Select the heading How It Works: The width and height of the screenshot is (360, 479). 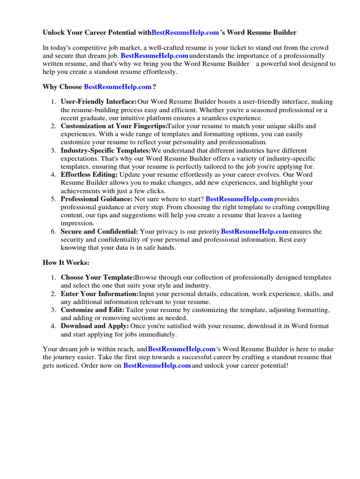coord(66,262)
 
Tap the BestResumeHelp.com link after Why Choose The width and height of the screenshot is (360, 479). coord(118,87)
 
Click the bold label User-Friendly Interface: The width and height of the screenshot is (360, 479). coord(98,102)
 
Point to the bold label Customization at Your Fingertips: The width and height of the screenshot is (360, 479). coord(114,126)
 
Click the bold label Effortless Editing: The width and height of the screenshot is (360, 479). coord(89,174)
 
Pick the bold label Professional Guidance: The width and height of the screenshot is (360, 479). coord(97,199)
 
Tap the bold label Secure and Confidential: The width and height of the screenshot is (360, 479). coord(99,231)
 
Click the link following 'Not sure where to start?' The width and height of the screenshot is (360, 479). coord(239,199)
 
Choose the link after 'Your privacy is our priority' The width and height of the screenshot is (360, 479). coord(255,231)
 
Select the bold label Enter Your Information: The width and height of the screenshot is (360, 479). coord(99,294)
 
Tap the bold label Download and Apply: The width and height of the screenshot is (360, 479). coord(95,326)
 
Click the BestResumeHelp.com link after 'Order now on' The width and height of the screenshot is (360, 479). coord(157,365)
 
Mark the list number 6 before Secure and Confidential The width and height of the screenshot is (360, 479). coord(53,231)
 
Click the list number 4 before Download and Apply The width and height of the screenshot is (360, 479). coord(53,326)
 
